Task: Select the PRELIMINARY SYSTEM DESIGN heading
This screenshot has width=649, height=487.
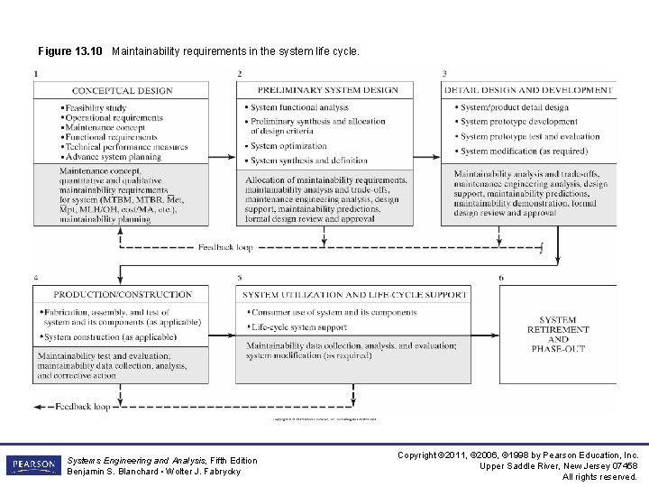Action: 328,90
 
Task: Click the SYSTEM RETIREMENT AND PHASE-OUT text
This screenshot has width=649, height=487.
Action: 557,335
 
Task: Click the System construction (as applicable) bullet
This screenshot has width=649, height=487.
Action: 110,337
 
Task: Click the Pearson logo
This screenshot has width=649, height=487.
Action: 32,464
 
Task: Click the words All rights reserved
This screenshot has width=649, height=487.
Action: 600,477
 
